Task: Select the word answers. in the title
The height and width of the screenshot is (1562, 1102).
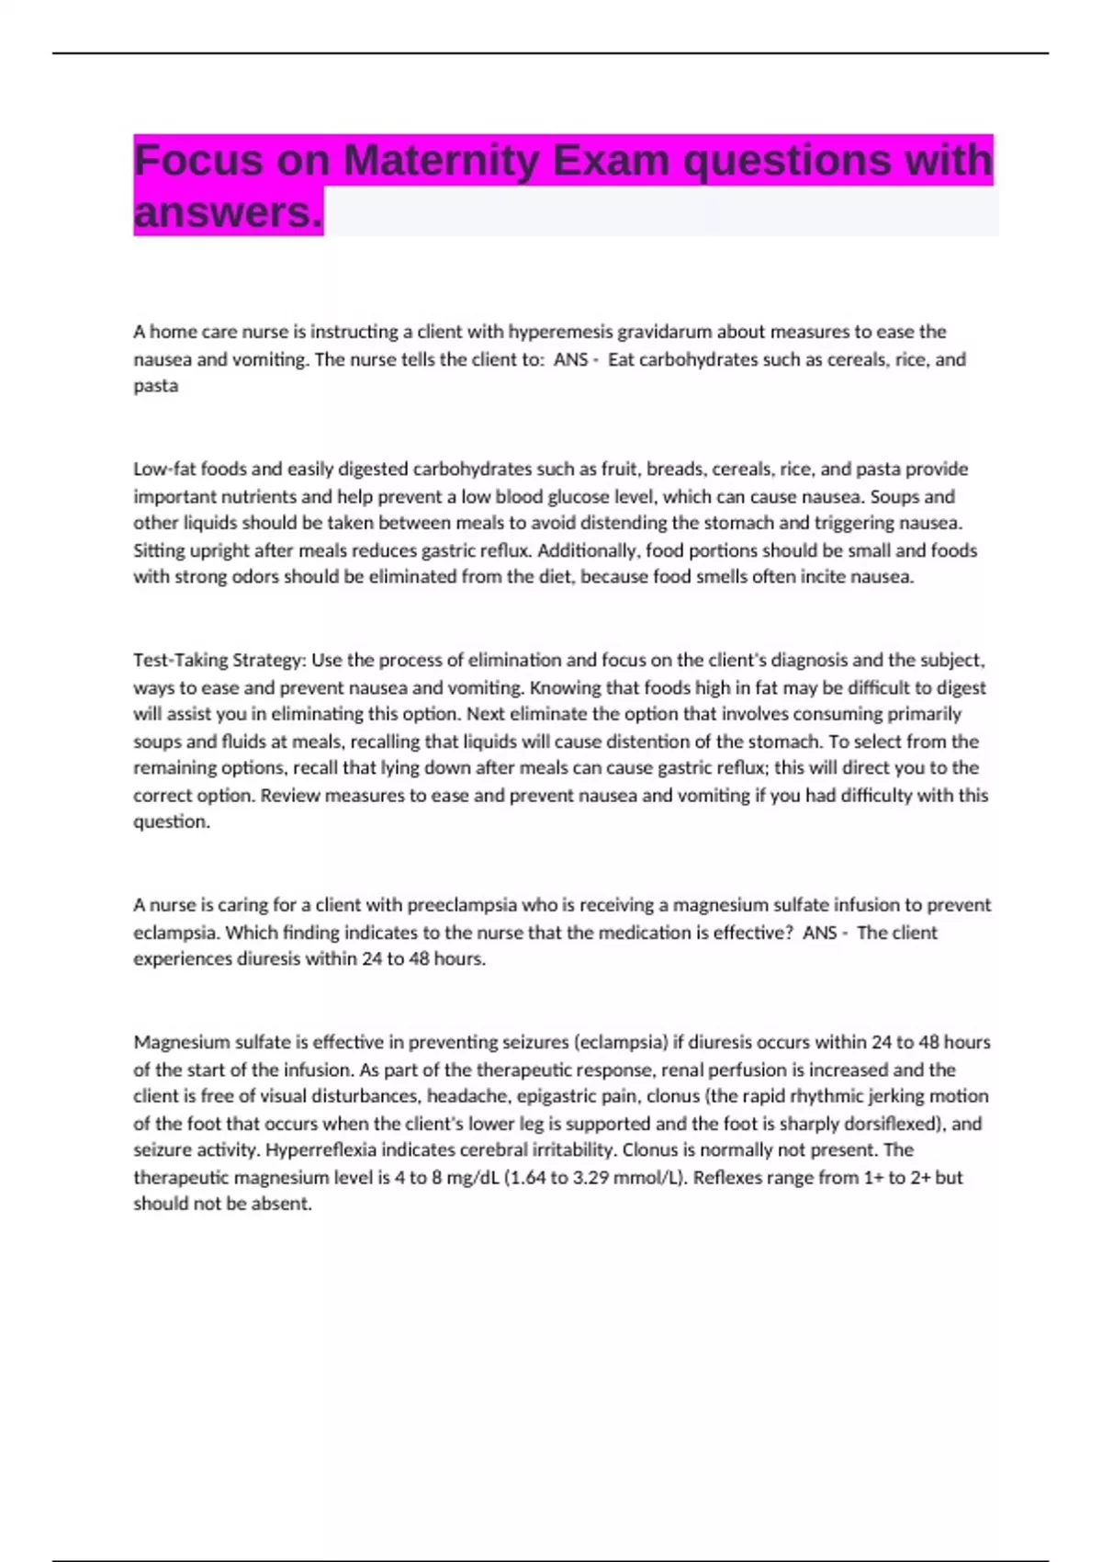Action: point(228,213)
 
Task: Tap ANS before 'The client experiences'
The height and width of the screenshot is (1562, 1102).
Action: point(819,933)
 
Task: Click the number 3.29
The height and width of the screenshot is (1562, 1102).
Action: point(592,1178)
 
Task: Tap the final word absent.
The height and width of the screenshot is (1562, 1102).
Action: point(285,1205)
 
